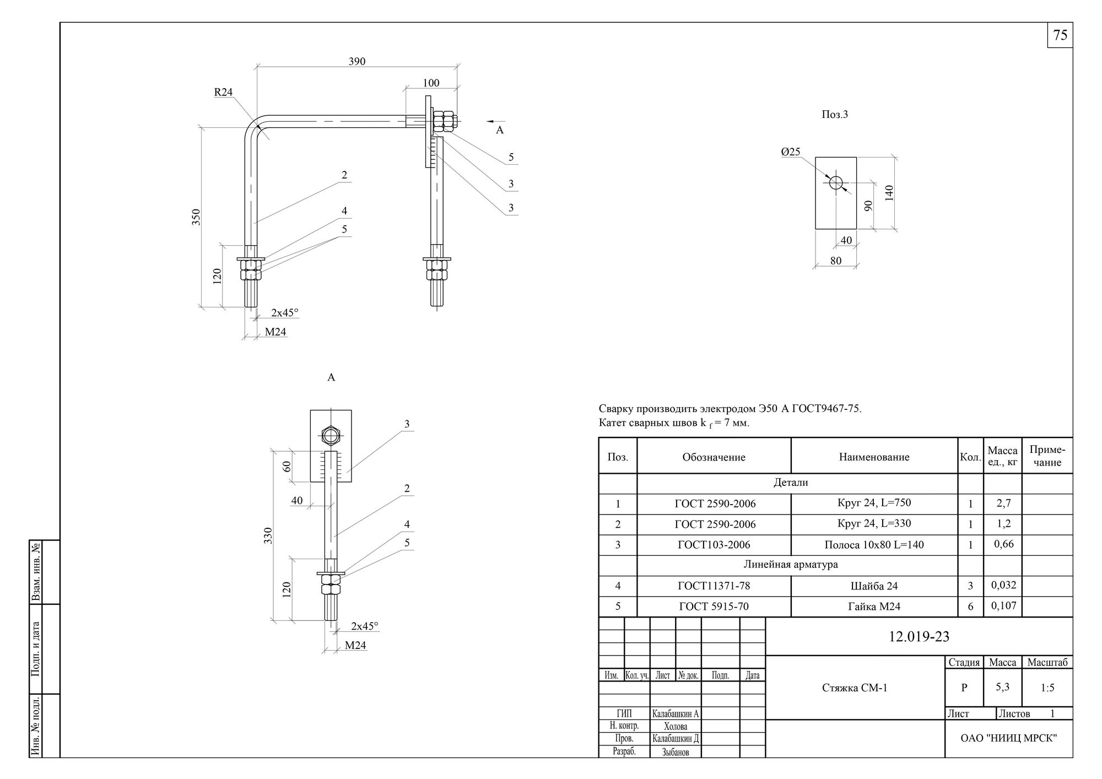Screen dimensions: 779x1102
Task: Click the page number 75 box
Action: pos(1060,35)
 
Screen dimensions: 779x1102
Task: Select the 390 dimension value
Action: pos(357,61)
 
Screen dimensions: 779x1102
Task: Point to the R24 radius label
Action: pos(223,92)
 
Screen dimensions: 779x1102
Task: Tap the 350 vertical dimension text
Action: pos(197,217)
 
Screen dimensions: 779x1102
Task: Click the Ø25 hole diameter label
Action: pos(790,152)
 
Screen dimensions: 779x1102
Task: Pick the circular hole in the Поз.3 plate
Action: pos(836,182)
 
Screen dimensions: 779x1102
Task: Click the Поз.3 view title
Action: pos(835,115)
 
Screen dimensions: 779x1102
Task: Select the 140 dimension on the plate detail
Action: pos(889,193)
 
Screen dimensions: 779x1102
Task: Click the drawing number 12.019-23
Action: pos(919,636)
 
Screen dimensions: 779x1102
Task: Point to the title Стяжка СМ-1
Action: pos(855,688)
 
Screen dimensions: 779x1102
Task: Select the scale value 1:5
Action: pos(1047,688)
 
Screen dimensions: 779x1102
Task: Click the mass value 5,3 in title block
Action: pos(1002,687)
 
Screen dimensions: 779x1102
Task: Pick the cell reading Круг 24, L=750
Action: pos(874,503)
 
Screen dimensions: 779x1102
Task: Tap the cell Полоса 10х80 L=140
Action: pos(874,545)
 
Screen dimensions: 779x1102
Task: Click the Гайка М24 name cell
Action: pos(874,607)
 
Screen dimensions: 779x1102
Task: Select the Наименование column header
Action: pos(874,457)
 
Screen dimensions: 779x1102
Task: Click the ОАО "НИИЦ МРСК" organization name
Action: pos(1008,738)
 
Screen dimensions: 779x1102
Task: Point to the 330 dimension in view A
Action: pos(268,534)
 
